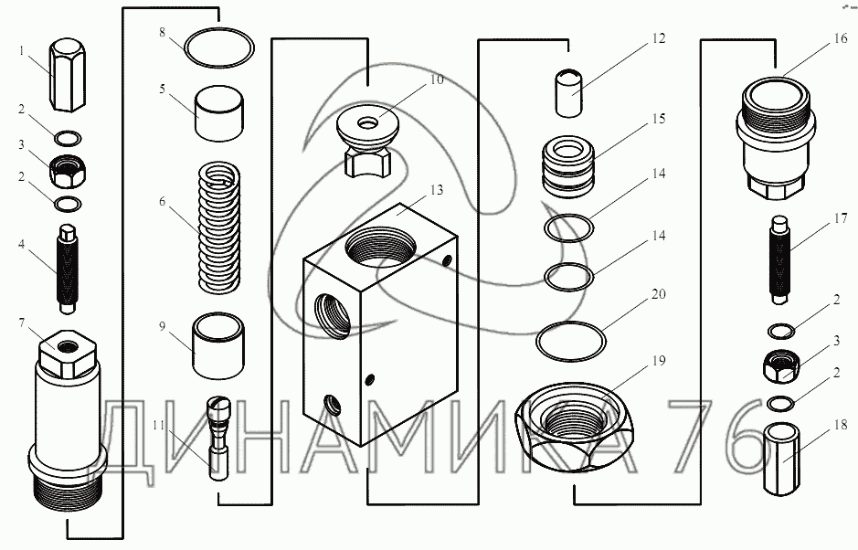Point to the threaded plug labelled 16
(775, 137)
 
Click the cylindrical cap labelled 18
(779, 459)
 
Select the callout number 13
(436, 190)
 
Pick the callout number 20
(658, 294)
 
